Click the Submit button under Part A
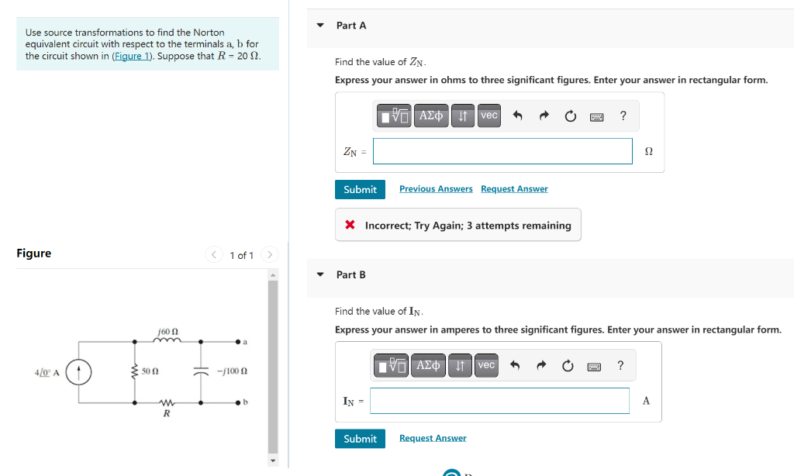click(360, 189)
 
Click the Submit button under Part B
click(360, 439)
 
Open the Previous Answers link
click(436, 189)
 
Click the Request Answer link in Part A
click(514, 189)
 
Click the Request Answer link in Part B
click(433, 439)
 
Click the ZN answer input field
click(502, 151)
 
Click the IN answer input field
click(499, 401)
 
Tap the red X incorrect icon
click(350, 226)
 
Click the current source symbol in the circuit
click(79, 372)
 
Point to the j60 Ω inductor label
click(168, 332)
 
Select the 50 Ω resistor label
click(150, 372)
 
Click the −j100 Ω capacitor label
click(232, 372)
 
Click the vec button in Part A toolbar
click(488, 116)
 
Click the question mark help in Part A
click(623, 116)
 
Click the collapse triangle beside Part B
click(320, 274)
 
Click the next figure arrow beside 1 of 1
click(269, 254)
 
